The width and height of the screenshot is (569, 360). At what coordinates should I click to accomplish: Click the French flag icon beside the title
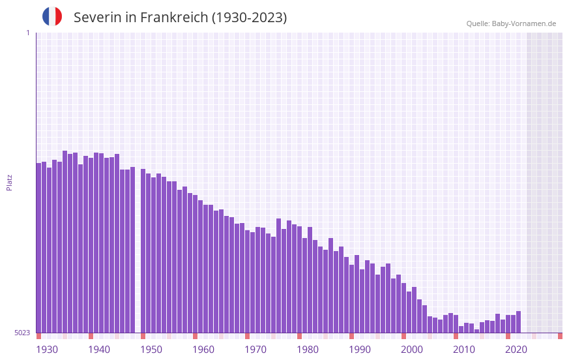point(52,16)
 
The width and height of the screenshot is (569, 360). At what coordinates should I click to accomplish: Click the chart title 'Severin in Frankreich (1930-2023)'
point(180,18)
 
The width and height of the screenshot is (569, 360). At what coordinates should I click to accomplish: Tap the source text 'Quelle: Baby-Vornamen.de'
point(511,23)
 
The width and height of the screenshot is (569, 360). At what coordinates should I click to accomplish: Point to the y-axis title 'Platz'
point(9,182)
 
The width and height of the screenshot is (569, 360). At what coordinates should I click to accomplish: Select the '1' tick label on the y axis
point(27,33)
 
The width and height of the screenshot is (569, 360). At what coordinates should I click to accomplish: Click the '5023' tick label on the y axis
point(22,333)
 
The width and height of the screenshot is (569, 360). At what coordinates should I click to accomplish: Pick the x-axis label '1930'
point(47,350)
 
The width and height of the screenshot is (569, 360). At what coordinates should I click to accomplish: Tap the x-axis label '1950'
point(151,350)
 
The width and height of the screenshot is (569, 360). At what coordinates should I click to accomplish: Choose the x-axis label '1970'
point(255,350)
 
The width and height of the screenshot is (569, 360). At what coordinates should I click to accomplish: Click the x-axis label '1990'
point(360,350)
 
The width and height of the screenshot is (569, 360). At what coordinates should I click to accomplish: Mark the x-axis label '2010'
point(464,350)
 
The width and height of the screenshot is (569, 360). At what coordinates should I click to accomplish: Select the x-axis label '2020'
point(516,350)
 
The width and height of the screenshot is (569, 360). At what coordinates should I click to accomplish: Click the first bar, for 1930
point(38,248)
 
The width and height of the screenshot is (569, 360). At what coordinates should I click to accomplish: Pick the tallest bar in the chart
point(65,241)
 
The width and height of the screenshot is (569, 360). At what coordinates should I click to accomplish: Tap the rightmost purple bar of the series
point(518,322)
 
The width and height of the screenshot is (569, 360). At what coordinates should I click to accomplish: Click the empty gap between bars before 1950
point(138,261)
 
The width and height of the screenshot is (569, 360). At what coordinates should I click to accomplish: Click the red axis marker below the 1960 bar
point(195,336)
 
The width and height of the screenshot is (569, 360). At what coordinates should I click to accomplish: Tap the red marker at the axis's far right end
point(560,336)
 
